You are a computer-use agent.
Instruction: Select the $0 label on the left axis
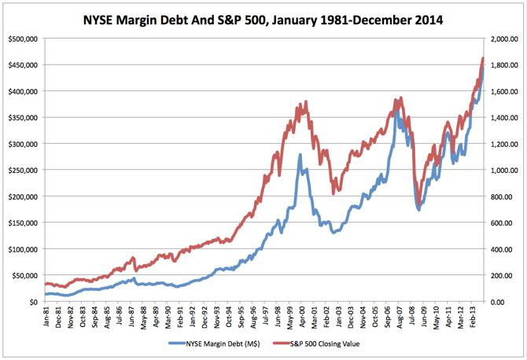pos(35,302)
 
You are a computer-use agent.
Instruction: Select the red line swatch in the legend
pos(277,345)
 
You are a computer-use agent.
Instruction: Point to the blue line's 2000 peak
pos(299,156)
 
